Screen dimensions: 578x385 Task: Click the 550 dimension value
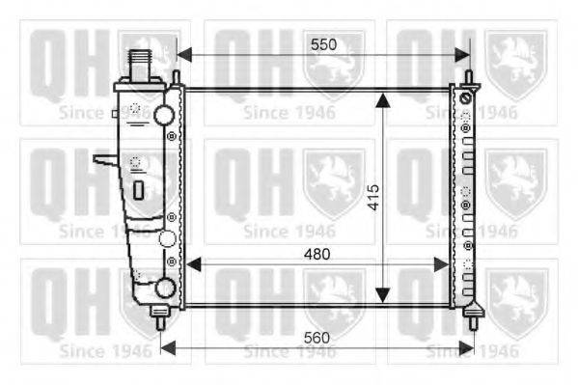323,44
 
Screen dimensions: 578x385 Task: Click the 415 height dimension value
373,197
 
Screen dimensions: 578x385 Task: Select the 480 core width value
317,254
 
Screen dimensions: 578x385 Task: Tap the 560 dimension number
317,338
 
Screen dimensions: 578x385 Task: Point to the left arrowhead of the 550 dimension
184,55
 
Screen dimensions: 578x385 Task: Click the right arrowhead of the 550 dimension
462,55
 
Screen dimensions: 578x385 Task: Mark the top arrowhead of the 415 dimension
383,100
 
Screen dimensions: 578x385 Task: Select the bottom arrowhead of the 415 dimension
383,295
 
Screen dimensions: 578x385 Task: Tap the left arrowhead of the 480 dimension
194,264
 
